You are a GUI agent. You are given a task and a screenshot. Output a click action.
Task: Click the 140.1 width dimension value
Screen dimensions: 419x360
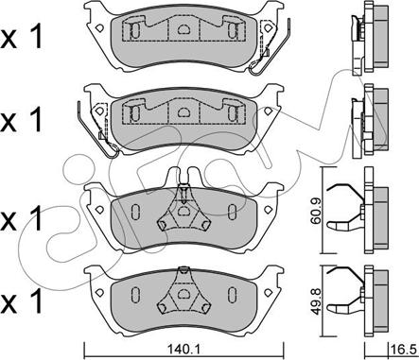(x=184, y=350)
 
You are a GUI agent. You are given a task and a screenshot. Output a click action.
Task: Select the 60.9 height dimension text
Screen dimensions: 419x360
(x=315, y=211)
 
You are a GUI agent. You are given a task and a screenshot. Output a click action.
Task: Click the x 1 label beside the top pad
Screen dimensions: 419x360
(x=22, y=39)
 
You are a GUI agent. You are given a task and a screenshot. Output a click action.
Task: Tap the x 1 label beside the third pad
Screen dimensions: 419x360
(x=22, y=219)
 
